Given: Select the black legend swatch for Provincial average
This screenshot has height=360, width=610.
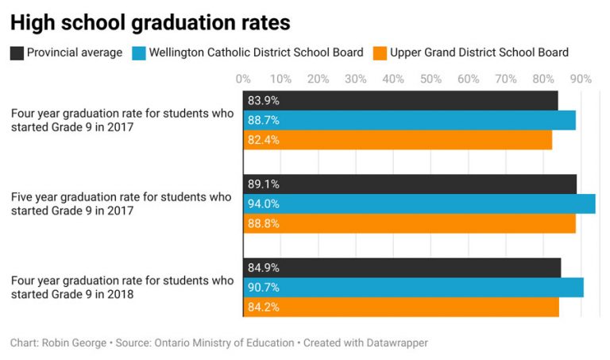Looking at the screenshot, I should (17, 53).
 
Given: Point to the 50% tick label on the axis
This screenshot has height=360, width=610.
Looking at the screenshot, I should (430, 79).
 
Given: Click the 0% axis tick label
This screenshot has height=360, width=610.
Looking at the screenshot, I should (243, 79).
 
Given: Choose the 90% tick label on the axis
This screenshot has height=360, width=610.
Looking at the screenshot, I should (581, 79).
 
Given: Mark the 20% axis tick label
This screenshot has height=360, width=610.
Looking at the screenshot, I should (318, 79).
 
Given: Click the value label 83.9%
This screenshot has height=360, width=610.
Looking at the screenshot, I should (264, 101).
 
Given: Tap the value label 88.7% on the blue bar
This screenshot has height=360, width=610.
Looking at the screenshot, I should (264, 121).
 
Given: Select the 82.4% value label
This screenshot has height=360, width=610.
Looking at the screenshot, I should (264, 140).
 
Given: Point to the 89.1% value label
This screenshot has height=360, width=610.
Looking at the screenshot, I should (264, 184).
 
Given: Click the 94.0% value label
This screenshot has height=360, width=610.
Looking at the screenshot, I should (264, 204).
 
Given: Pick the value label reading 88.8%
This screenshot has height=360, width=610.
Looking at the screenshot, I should (264, 224).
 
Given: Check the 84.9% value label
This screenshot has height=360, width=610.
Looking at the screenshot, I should (264, 268).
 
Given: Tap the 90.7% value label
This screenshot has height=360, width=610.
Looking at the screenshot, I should (264, 288).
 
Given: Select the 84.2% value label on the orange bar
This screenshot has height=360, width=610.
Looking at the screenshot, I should (264, 308).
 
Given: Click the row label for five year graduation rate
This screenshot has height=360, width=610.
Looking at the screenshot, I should (122, 204).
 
